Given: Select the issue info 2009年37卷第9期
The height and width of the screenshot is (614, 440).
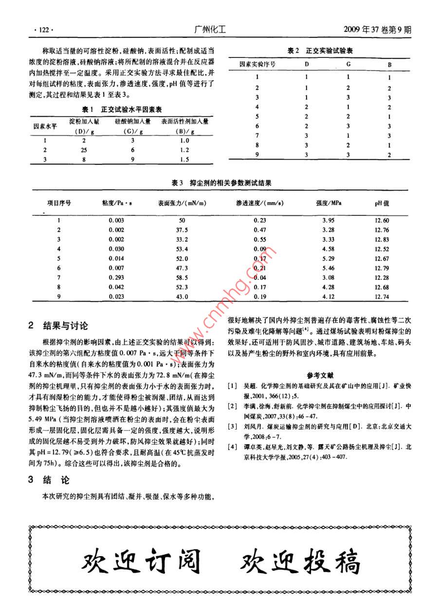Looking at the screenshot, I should point(377,29).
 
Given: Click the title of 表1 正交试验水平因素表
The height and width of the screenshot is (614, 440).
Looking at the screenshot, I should point(121,110).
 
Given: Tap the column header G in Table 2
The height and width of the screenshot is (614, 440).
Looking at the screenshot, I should point(348,64).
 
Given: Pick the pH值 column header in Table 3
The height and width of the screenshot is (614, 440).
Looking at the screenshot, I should point(382,203).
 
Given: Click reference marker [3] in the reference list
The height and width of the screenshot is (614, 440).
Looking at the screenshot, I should point(233,413).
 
